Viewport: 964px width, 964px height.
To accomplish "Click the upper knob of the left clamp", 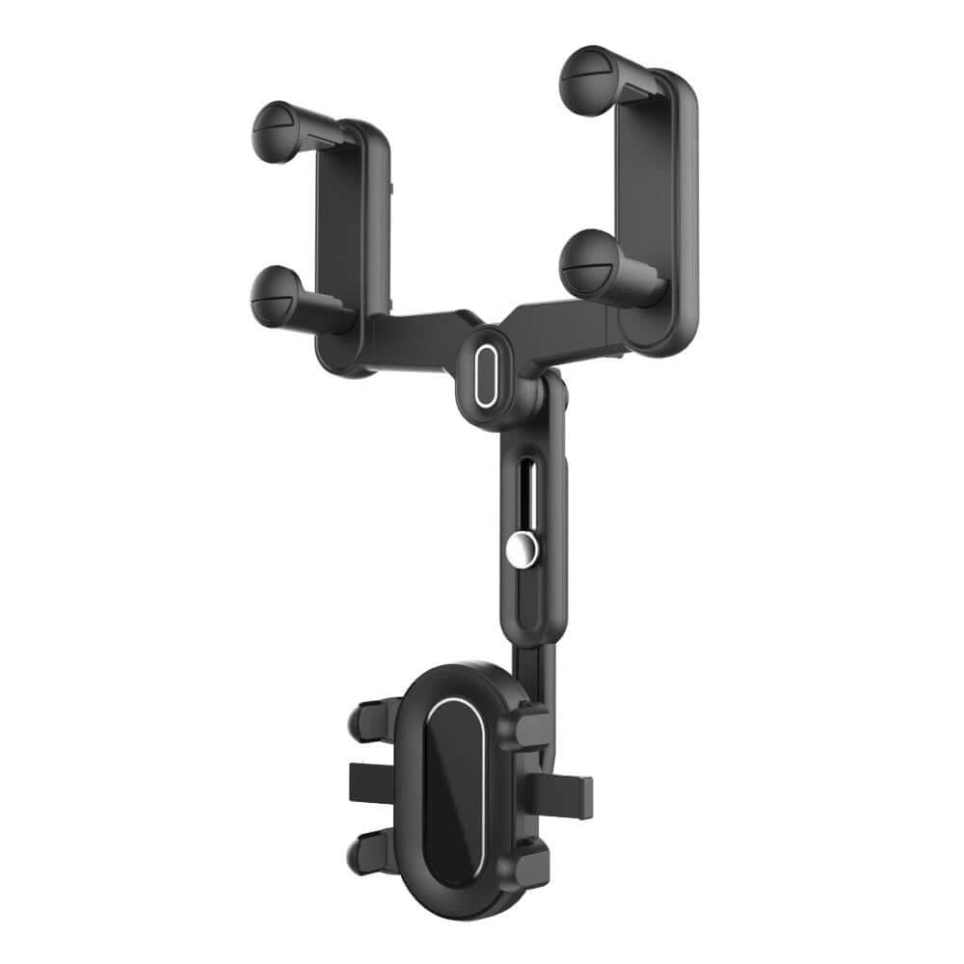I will tap(279, 131).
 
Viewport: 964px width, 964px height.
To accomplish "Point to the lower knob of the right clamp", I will tap(589, 258).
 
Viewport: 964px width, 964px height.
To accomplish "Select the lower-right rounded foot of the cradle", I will tap(530, 858).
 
